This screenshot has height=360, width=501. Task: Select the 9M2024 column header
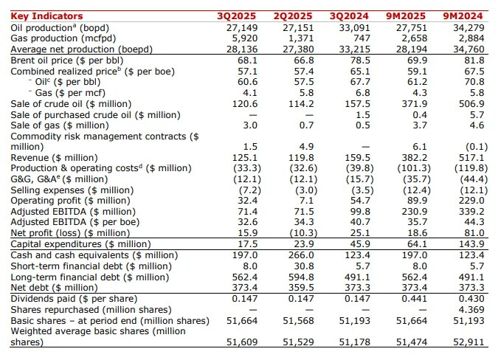point(466,15)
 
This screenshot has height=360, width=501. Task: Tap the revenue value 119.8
point(303,157)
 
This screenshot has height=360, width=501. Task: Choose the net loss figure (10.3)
point(301,232)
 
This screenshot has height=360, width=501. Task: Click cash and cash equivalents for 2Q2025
point(301,255)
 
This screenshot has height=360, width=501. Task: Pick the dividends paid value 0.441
point(415,298)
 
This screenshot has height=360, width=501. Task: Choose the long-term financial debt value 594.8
point(301,277)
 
